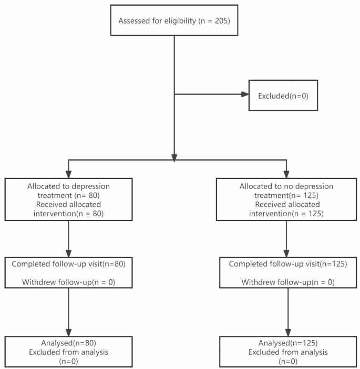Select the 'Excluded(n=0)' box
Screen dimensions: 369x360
[283, 96]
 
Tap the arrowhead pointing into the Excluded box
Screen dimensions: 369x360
[244, 95]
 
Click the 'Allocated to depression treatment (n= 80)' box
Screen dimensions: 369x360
[68, 199]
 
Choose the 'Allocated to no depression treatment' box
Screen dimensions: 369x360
[286, 199]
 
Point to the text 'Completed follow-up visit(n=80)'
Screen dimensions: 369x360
[68, 263]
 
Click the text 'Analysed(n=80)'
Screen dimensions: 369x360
[69, 343]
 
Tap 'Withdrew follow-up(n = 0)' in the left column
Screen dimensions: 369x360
[68, 283]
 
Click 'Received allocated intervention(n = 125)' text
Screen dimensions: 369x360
[286, 209]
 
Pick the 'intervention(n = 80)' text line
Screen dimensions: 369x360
[68, 213]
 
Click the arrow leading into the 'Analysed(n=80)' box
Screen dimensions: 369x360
[68, 315]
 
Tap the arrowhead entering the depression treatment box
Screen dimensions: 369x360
[68, 174]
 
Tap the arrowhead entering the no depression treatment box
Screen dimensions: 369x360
[286, 174]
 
